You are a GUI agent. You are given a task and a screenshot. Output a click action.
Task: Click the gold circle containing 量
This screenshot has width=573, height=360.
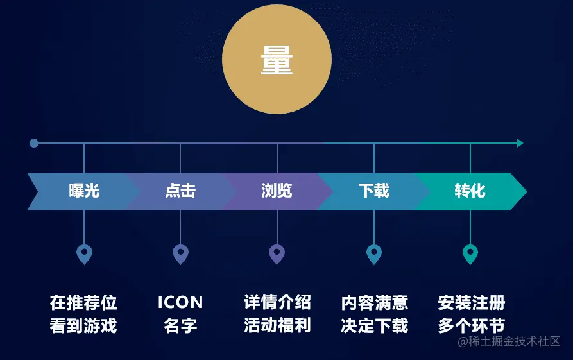click(x=277, y=60)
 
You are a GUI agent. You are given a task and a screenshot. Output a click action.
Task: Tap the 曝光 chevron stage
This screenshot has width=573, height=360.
click(x=84, y=191)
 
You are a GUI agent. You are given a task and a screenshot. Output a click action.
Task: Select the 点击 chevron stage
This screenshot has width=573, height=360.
click(x=180, y=191)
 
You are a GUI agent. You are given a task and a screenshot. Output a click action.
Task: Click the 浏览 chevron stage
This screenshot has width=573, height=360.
click(x=277, y=191)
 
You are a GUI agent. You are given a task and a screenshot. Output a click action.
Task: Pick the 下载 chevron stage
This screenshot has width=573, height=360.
click(x=373, y=191)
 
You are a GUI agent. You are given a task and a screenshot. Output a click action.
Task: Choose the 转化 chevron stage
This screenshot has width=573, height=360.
click(x=470, y=191)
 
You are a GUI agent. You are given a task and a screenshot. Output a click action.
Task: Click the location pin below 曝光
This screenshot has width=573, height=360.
click(x=84, y=254)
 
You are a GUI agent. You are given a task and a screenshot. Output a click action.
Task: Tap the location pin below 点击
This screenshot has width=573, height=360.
click(x=180, y=254)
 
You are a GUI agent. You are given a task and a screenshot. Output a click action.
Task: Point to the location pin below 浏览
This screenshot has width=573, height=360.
click(x=277, y=254)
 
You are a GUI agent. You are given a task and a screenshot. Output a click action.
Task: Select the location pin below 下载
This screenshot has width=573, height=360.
click(x=374, y=254)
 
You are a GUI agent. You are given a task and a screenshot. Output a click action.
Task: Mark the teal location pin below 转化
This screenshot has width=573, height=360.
click(x=470, y=254)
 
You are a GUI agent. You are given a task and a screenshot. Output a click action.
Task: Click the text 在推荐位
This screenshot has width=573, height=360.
click(x=83, y=302)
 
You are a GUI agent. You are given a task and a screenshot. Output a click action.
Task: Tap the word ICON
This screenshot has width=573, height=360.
click(x=180, y=302)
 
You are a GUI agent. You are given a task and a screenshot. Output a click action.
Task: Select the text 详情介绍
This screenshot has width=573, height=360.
click(x=277, y=302)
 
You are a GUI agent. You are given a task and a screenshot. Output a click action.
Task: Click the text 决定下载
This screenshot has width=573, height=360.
click(x=375, y=325)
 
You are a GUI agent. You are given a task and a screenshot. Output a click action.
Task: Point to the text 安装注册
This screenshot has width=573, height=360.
click(x=472, y=302)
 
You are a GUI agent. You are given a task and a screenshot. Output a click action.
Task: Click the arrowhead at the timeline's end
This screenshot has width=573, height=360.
click(x=520, y=143)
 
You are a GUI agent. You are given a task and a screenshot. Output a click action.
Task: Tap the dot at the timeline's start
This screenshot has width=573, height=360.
click(x=34, y=143)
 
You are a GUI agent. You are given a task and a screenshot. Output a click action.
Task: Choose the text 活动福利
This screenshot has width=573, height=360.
click(x=277, y=325)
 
